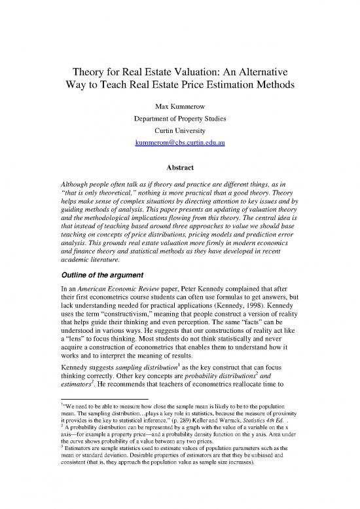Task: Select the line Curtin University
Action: click(x=180, y=130)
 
